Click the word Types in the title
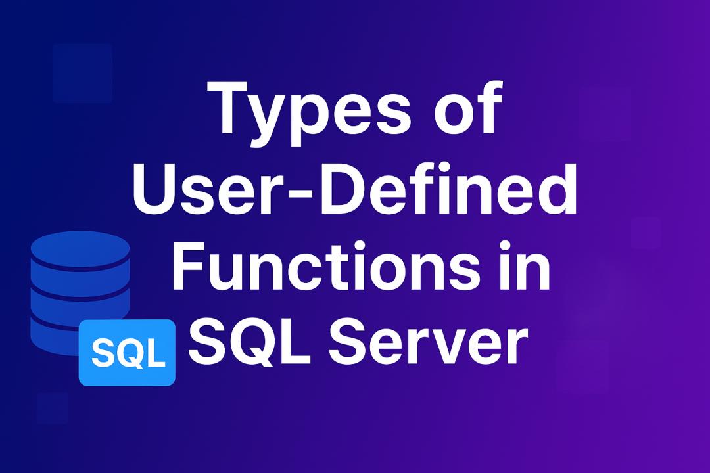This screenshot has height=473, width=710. point(309,113)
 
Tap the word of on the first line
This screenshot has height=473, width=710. point(469,108)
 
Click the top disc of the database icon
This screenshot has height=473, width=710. point(80,248)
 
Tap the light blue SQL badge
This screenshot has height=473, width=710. point(128,353)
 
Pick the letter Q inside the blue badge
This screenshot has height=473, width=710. point(128,354)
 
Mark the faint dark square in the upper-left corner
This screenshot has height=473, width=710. point(82,74)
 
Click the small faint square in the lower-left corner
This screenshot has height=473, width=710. point(53,408)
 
